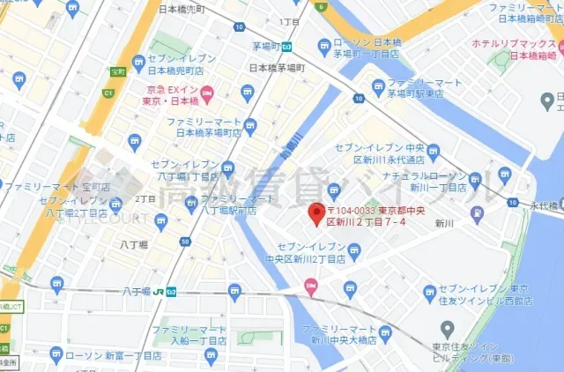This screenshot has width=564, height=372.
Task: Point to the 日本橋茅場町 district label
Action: point(276,67)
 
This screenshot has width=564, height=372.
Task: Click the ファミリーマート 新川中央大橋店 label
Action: point(341,333)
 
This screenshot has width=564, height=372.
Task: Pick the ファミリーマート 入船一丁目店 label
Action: point(190,335)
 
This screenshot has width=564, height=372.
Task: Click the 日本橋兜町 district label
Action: point(181,9)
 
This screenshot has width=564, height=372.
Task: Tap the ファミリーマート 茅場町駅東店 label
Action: point(423,88)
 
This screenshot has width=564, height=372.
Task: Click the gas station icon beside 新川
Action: point(477,212)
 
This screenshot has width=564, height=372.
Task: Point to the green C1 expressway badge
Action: point(109,93)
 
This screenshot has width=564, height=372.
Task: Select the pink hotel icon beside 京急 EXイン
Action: point(206,93)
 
